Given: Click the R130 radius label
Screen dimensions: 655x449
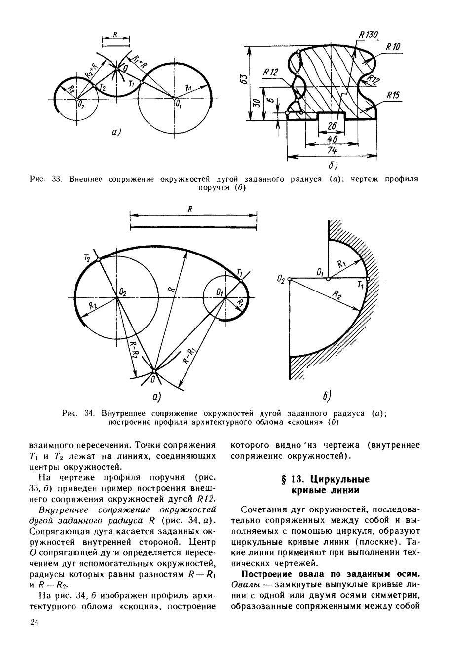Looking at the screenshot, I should [368, 35].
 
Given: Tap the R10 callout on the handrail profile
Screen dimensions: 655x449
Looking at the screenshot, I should [393, 47].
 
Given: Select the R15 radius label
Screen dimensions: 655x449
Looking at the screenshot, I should [393, 96].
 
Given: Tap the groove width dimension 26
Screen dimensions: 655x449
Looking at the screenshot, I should [332, 127].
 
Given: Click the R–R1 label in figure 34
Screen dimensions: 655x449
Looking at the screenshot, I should [190, 354].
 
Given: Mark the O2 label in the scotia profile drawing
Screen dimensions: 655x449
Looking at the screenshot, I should [281, 280].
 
